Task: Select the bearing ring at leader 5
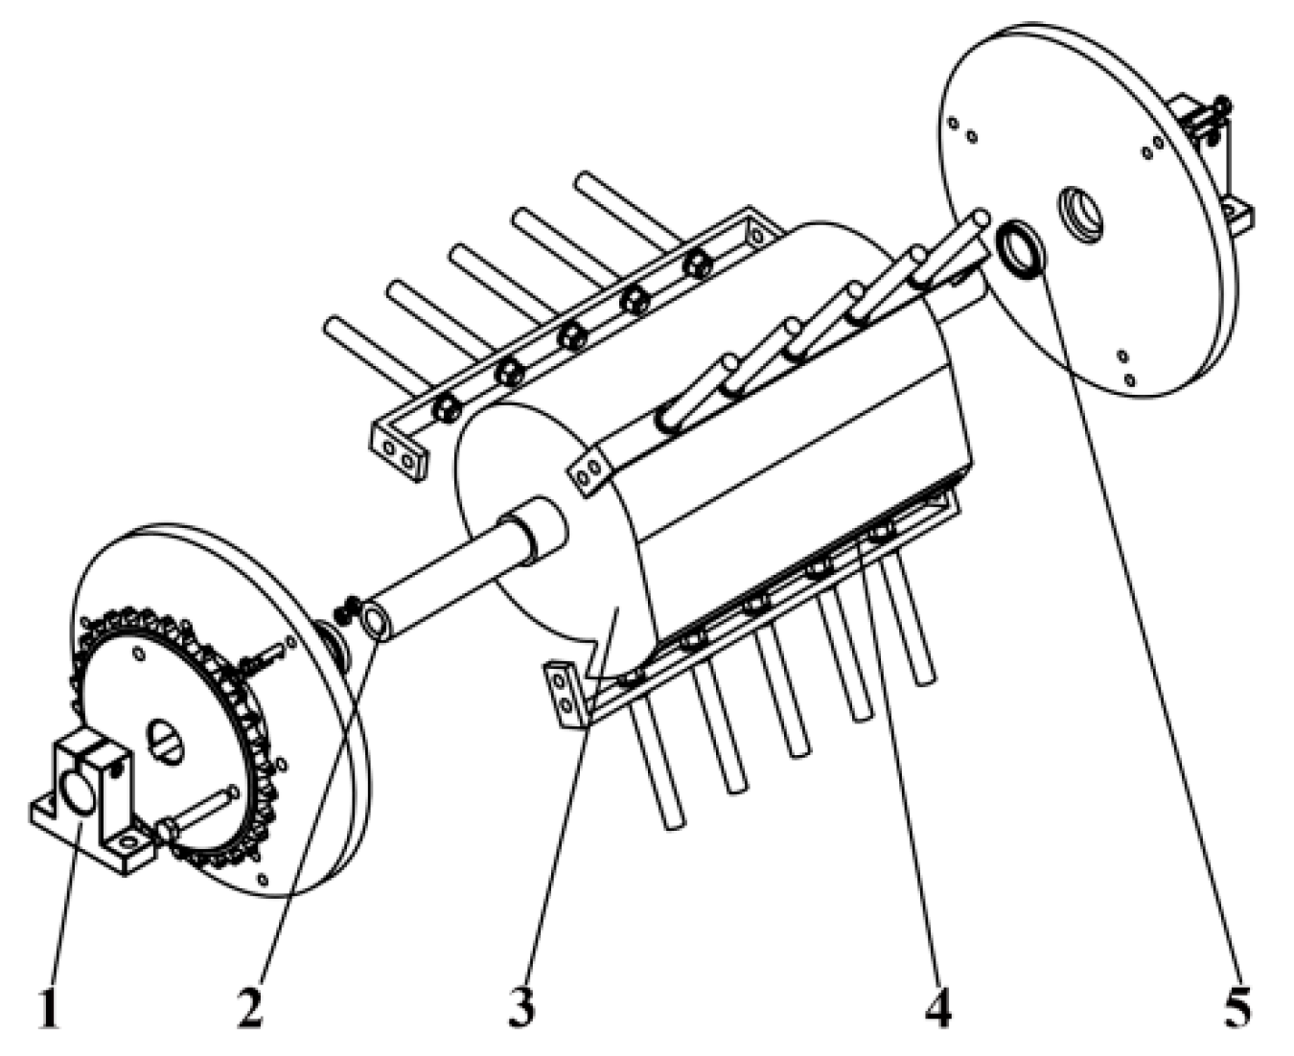click(x=1021, y=251)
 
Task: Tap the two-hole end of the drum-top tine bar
click(x=588, y=472)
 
